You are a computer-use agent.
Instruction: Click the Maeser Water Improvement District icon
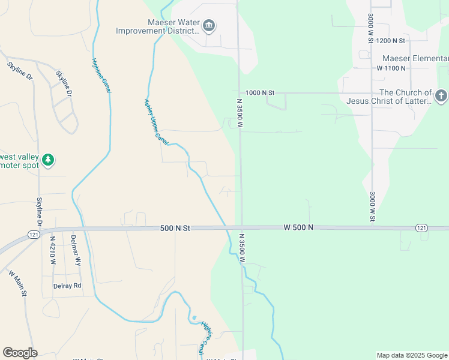pos(209,25)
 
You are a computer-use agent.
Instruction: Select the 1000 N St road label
pos(260,93)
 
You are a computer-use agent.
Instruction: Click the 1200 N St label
pos(391,41)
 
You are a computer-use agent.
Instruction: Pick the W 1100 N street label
pos(391,68)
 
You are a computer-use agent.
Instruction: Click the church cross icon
pos(441,96)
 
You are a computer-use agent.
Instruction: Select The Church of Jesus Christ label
pos(389,97)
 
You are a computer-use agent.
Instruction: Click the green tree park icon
pos(48,160)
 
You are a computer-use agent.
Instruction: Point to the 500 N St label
pos(175,229)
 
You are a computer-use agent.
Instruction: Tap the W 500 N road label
pos(298,228)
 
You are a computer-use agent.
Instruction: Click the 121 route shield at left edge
pos(34,233)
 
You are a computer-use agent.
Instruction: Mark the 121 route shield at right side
pos(421,228)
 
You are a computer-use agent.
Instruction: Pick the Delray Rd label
pos(67,286)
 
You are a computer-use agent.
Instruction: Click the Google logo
pos(20,353)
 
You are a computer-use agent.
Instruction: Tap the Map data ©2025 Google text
pos(411,355)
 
